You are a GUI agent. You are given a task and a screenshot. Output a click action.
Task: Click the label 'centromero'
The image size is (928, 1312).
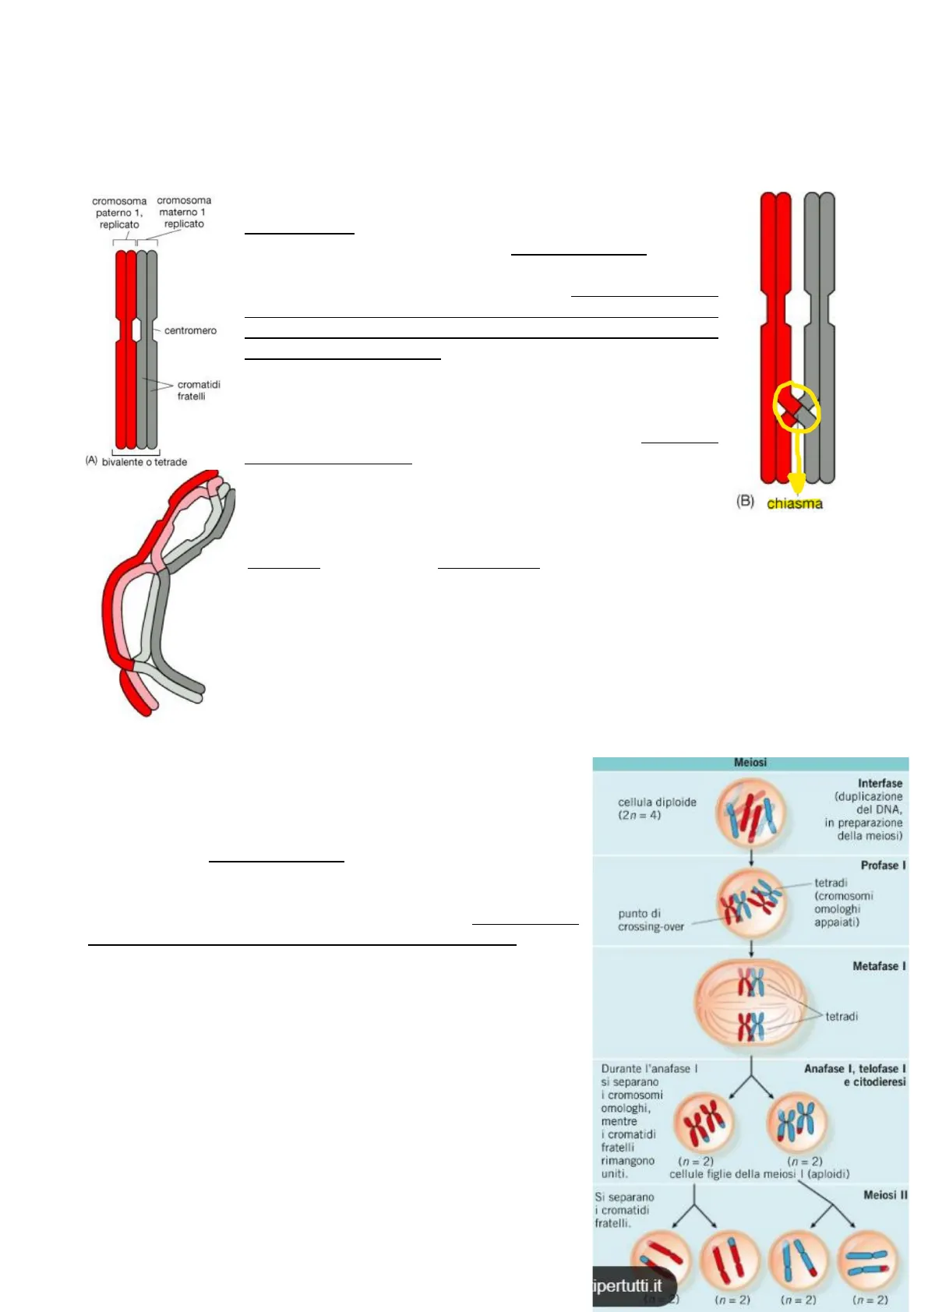(x=190, y=330)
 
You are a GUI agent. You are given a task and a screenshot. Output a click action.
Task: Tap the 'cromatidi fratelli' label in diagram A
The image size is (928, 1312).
(x=198, y=390)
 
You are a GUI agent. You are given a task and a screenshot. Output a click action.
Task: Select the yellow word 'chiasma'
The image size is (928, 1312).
(x=794, y=503)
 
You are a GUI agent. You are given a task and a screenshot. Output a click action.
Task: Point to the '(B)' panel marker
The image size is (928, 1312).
(x=745, y=501)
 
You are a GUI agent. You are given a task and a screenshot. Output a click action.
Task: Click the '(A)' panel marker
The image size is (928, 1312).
(x=91, y=460)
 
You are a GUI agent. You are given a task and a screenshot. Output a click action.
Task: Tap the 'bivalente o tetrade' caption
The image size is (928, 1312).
(x=144, y=462)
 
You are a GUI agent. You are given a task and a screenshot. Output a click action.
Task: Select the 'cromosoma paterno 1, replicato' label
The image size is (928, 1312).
(x=119, y=213)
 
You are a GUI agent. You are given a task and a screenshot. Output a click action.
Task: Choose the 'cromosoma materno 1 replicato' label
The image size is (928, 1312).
(x=184, y=212)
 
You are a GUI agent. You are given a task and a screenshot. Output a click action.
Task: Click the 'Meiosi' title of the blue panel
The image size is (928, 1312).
(x=750, y=763)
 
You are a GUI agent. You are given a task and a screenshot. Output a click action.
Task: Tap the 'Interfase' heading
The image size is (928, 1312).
(x=880, y=783)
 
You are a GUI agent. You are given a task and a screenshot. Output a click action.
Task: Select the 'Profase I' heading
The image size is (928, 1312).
(x=883, y=865)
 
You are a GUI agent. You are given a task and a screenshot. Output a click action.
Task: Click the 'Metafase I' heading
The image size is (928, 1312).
(x=879, y=966)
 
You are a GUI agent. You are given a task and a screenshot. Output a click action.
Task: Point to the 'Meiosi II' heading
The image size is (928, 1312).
(x=885, y=1194)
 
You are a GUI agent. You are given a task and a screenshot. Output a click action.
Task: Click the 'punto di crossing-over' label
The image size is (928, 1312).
(x=651, y=920)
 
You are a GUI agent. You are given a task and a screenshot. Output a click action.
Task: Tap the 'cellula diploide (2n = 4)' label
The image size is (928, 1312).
(x=657, y=809)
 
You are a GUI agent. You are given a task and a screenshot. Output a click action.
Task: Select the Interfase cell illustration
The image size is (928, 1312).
(x=750, y=813)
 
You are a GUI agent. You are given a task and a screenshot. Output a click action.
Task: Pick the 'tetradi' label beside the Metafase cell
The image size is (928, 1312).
(x=842, y=1017)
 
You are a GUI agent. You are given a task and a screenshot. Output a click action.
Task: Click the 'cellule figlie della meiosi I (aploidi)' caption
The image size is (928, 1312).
(x=759, y=1174)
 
